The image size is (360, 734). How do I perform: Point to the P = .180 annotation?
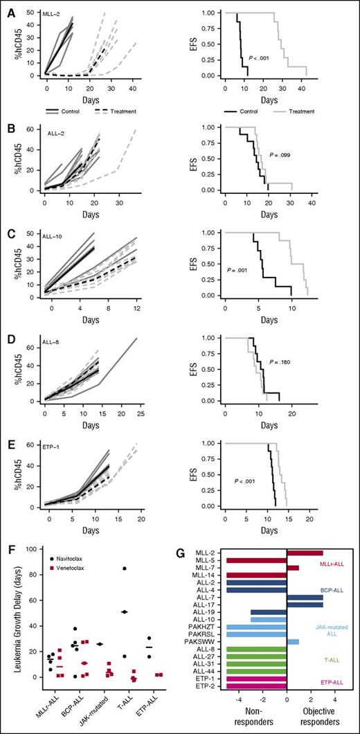click(x=280, y=361)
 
